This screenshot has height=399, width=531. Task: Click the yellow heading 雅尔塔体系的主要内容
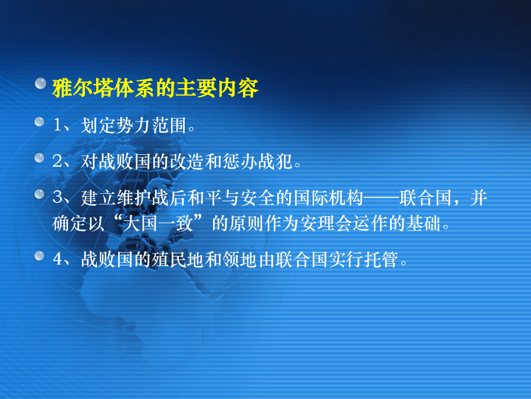click(x=155, y=88)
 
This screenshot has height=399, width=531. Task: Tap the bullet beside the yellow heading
click(x=41, y=83)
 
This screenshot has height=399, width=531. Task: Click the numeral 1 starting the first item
click(x=57, y=125)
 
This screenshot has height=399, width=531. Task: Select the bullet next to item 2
click(x=40, y=158)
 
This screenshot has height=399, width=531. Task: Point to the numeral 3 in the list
click(x=57, y=197)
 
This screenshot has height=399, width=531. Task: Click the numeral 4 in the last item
click(x=57, y=259)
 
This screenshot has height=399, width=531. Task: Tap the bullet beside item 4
click(x=40, y=256)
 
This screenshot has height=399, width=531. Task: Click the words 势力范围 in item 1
click(x=152, y=125)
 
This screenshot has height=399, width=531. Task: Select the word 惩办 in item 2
click(x=240, y=161)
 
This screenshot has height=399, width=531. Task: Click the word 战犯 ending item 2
click(x=276, y=161)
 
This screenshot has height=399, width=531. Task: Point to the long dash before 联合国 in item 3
click(x=381, y=197)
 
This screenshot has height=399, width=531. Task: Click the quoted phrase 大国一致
click(x=158, y=223)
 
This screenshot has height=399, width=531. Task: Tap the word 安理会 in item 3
click(x=326, y=223)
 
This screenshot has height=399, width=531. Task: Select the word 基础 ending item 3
click(x=423, y=223)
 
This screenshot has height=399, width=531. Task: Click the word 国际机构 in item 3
click(x=328, y=197)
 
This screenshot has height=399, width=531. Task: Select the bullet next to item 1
click(x=40, y=122)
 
